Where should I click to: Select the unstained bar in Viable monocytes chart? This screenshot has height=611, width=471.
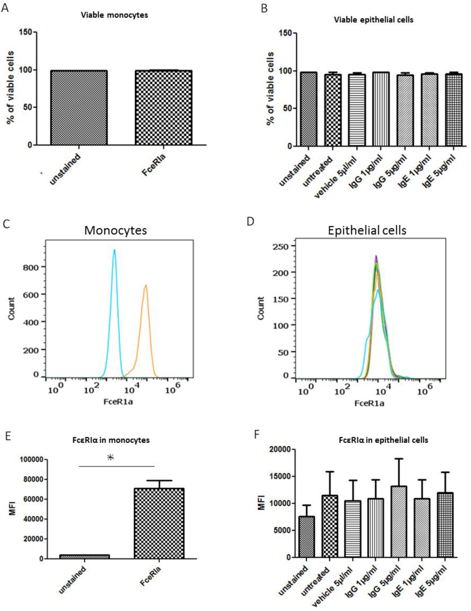79,108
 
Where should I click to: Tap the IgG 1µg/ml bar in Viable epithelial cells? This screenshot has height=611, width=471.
381,109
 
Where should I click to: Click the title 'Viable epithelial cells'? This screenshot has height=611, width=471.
373,20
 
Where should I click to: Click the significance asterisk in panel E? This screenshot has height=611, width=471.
111,457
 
